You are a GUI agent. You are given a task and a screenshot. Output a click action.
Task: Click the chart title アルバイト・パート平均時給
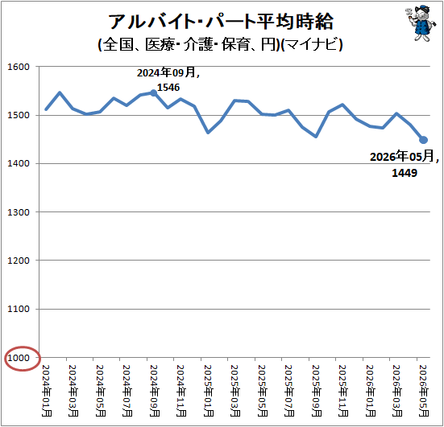pyautogui.click(x=221, y=22)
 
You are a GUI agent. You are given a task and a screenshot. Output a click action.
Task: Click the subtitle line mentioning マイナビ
pyautogui.click(x=221, y=44)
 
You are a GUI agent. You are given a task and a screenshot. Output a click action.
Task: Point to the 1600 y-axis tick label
pyautogui.click(x=19, y=67)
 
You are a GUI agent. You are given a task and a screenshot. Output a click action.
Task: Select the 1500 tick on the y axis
pyautogui.click(x=19, y=115)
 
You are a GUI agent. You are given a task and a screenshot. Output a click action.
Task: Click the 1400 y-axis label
pyautogui.click(x=19, y=163)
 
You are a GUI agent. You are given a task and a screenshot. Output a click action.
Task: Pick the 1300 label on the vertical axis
pyautogui.click(x=19, y=212)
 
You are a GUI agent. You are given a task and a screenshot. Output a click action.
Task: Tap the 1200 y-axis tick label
pyautogui.click(x=19, y=261)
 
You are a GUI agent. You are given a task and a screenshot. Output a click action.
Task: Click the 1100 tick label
pyautogui.click(x=19, y=309)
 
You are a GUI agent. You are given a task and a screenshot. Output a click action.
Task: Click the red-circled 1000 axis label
pyautogui.click(x=19, y=358)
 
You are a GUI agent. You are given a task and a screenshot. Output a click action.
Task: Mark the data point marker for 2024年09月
pyautogui.click(x=153, y=93)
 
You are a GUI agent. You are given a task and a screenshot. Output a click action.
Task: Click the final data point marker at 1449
pyautogui.click(x=423, y=140)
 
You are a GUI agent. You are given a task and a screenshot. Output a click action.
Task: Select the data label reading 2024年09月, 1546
pyautogui.click(x=168, y=80)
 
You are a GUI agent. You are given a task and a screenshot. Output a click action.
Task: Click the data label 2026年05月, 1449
pyautogui.click(x=405, y=165)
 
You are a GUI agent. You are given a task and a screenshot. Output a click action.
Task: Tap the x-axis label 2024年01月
pyautogui.click(x=47, y=391)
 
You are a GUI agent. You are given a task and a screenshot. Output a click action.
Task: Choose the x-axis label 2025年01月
pyautogui.click(x=209, y=391)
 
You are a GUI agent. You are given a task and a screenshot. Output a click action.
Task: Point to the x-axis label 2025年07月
pyautogui.click(x=289, y=391)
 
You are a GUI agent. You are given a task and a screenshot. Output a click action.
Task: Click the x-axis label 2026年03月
pyautogui.click(x=397, y=391)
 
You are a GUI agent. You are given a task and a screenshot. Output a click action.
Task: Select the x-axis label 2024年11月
pyautogui.click(x=181, y=391)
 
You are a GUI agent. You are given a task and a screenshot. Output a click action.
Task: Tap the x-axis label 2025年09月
pyautogui.click(x=317, y=391)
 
